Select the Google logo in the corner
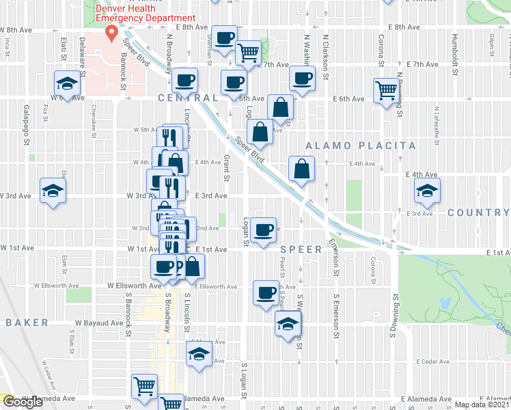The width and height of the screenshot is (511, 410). [23, 402]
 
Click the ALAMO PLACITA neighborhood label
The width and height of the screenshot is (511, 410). [360, 146]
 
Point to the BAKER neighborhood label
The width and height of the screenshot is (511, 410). [27, 322]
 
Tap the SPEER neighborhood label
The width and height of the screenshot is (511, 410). [300, 249]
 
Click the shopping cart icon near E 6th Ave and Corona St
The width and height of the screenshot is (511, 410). [387, 89]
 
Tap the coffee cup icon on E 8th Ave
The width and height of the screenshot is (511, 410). [223, 38]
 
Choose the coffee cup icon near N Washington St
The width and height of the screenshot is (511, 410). [302, 78]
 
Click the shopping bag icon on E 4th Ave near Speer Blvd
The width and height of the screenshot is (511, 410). [301, 168]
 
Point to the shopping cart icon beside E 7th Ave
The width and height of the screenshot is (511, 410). [248, 51]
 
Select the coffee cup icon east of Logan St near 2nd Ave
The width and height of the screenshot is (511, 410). [262, 229]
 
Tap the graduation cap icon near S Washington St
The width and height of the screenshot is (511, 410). [288, 323]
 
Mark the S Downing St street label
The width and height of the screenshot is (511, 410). [396, 312]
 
